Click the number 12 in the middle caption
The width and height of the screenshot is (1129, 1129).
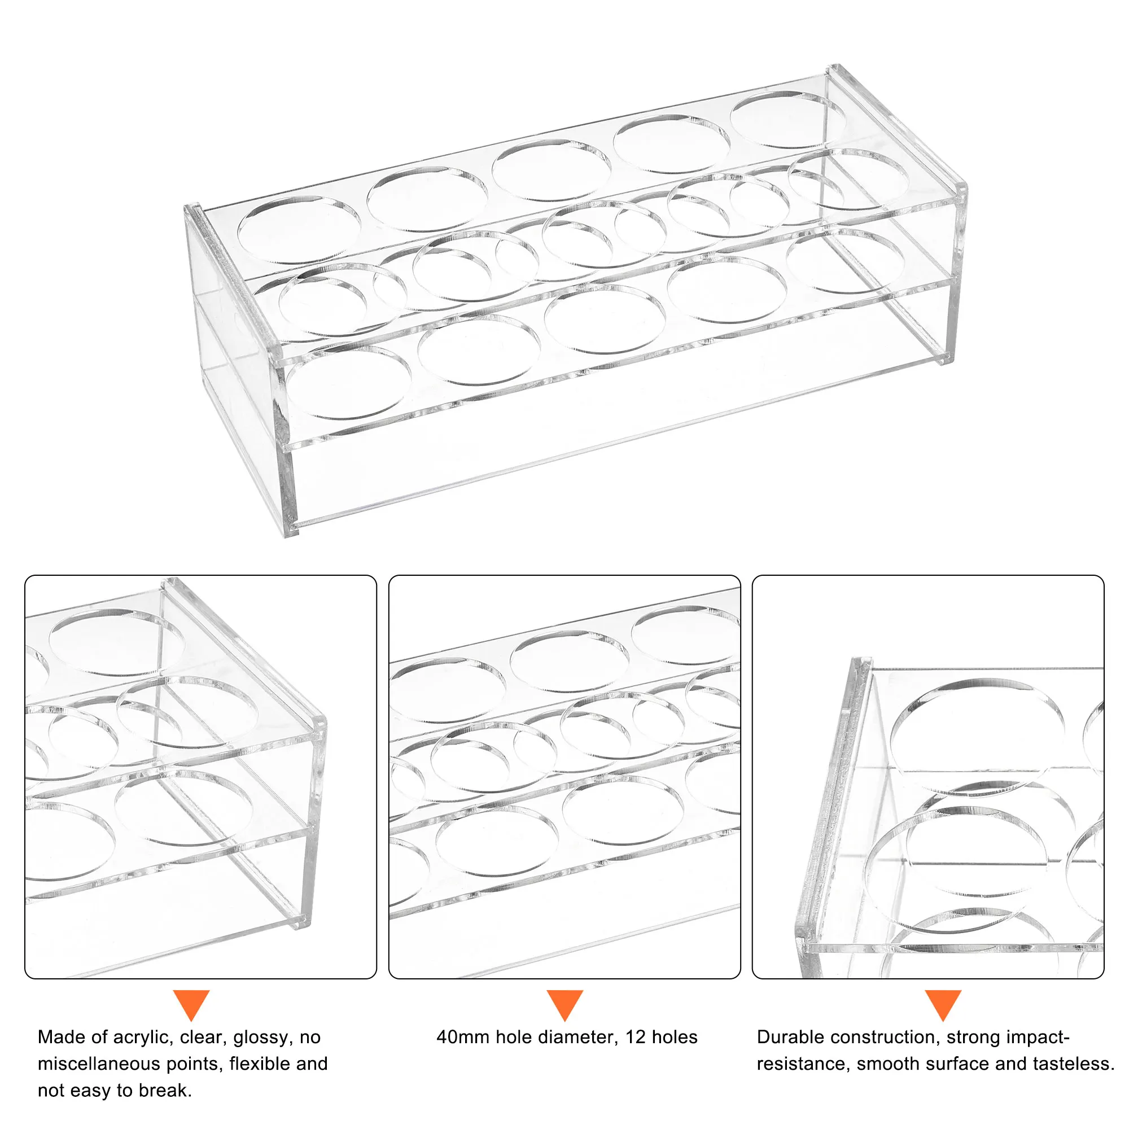click(x=635, y=1037)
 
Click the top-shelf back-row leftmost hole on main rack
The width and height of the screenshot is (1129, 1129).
click(x=299, y=230)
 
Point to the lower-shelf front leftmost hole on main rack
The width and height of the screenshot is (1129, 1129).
click(x=349, y=383)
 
